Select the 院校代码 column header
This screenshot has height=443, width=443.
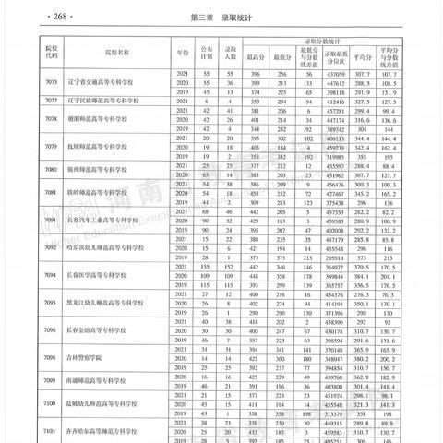(x=41, y=52)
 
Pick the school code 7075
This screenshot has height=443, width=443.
(x=41, y=82)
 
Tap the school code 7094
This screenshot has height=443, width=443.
(x=41, y=278)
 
